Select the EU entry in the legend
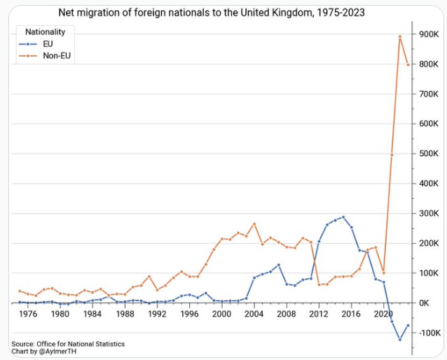pos(48,43)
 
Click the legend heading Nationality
pos(45,32)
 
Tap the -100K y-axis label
pos(428,333)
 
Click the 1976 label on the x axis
pos(27,314)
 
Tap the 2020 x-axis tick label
pos(383,314)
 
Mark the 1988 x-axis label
pos(125,314)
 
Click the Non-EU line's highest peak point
pos(399,36)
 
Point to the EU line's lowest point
pos(400,340)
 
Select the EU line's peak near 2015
pos(343,217)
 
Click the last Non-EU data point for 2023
pos(408,65)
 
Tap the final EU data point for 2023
pos(408,325)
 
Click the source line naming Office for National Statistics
pos(68,343)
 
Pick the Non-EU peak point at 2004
pos(254,224)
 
